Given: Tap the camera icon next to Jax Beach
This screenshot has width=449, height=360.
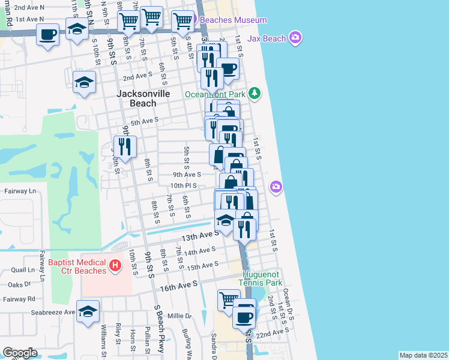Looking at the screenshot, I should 295,39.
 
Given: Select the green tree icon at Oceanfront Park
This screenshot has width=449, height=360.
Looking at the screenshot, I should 256,93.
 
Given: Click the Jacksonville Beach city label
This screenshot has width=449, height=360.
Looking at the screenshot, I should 143,98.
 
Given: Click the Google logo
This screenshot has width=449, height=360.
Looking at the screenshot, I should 20,353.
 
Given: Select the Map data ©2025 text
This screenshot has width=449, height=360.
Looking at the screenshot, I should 423,355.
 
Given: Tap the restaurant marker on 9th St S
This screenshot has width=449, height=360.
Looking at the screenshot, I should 125,146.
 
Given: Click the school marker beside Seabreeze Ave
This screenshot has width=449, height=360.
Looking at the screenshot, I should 88,311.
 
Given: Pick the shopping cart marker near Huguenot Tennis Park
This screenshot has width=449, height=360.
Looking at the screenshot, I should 228,299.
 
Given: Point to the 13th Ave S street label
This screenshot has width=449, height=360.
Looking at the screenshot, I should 201,236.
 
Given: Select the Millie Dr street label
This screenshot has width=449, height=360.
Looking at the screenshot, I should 179,316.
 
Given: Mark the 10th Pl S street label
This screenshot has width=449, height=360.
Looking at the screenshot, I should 184,185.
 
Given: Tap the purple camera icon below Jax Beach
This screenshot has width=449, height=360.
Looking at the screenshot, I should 276,187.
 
